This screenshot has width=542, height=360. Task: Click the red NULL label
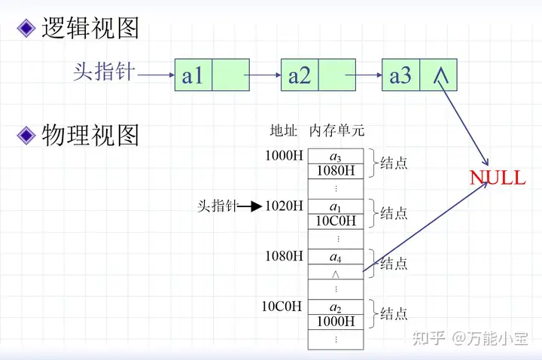(x=498, y=178)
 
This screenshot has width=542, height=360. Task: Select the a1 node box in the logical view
(x=212, y=75)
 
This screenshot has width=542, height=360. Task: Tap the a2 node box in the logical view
(x=318, y=75)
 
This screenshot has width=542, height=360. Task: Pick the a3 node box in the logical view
(x=419, y=75)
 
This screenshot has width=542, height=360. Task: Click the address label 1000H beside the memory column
(x=284, y=157)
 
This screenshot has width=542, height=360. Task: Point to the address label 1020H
(x=284, y=206)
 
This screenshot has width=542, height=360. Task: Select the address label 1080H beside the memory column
(x=284, y=256)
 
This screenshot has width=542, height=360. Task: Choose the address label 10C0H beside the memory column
(x=282, y=307)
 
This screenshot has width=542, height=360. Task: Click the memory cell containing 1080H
(x=336, y=170)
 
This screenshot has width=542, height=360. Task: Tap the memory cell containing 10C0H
(x=336, y=220)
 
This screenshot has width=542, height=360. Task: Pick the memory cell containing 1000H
(x=336, y=322)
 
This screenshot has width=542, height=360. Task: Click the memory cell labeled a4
(x=336, y=257)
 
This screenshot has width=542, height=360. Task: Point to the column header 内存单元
(x=336, y=130)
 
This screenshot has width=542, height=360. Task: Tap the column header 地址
(x=283, y=130)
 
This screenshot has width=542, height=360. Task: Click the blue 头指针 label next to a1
(x=104, y=72)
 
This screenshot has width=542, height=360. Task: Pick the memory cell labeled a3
(x=336, y=157)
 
